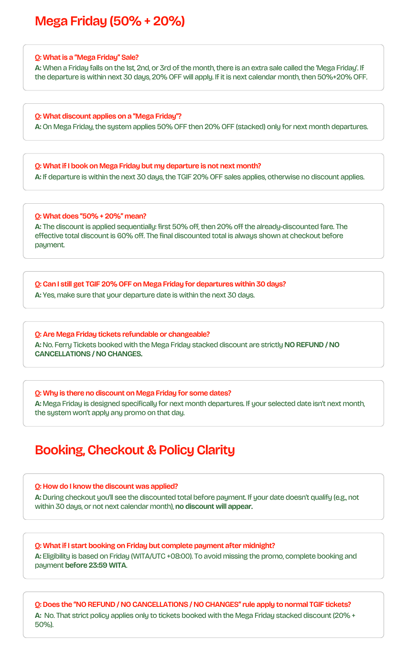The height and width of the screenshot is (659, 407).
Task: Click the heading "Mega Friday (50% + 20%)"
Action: click(x=110, y=22)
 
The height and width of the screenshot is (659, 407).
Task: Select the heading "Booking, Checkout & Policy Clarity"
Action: click(x=135, y=450)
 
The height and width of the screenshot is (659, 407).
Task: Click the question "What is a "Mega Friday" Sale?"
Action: click(x=87, y=57)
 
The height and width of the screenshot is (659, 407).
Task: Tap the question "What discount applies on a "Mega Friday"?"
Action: click(x=108, y=116)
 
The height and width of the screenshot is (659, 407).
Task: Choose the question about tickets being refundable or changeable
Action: click(x=122, y=334)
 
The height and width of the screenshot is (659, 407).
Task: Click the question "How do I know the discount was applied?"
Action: click(x=107, y=486)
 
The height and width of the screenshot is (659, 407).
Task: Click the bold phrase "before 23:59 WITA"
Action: click(x=96, y=565)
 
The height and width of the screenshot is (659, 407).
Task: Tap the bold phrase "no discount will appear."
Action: click(x=214, y=506)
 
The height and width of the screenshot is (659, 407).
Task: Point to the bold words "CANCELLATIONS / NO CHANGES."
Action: click(x=88, y=354)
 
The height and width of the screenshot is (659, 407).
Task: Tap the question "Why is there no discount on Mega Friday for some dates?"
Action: click(x=133, y=393)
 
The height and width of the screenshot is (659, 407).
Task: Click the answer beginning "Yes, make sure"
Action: click(x=145, y=295)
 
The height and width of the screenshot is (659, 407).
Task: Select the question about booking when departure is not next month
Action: click(x=148, y=166)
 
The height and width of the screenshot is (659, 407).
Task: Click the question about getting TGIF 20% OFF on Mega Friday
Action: click(x=161, y=284)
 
